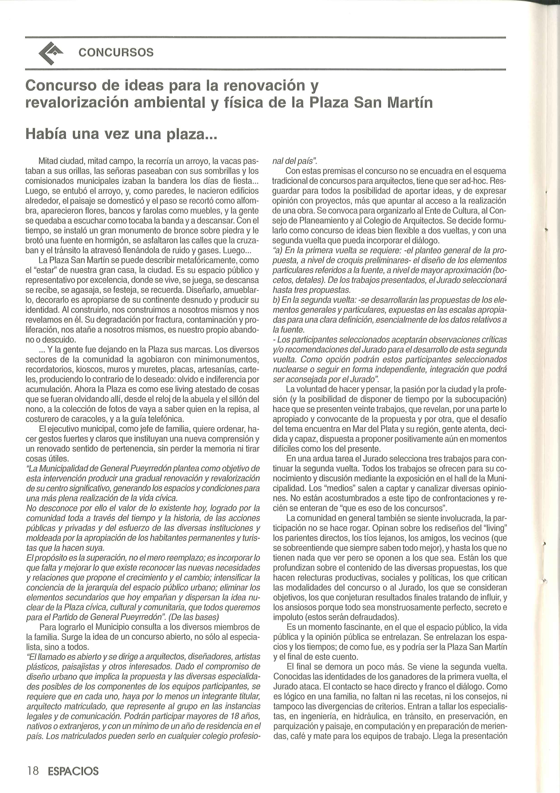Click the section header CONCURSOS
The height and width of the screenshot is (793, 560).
[x=116, y=52]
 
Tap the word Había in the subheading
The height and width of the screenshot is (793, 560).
[x=47, y=133]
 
